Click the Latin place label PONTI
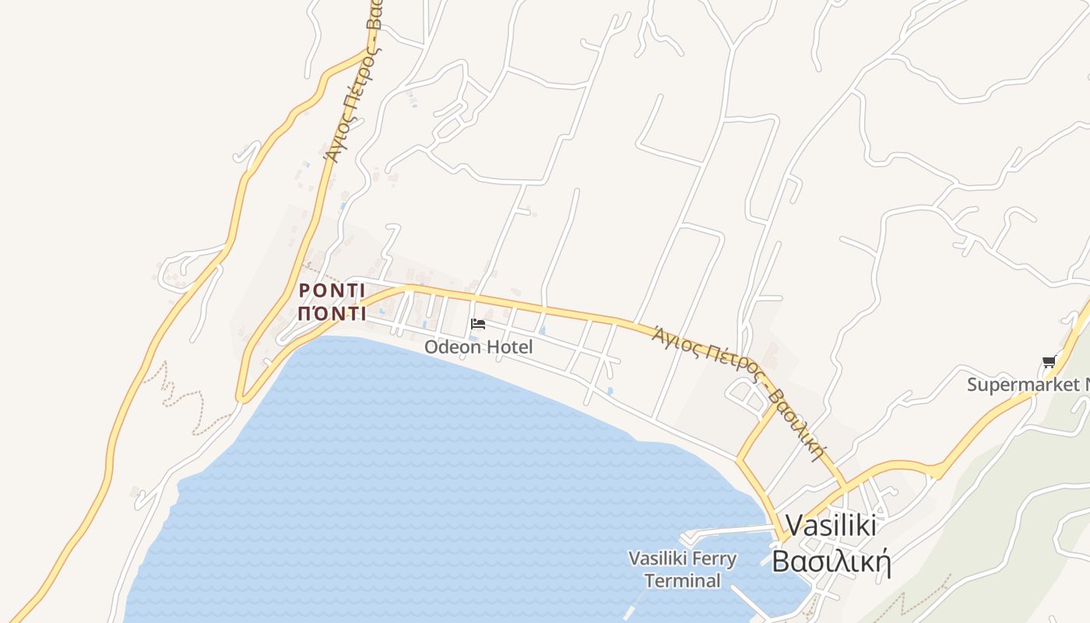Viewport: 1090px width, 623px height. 332,290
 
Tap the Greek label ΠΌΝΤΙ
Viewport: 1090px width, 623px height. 332,313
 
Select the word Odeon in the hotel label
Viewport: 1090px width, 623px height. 452,347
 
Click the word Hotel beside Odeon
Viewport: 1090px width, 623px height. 509,347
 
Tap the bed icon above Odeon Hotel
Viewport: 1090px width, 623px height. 478,324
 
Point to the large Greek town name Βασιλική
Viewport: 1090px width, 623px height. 831,561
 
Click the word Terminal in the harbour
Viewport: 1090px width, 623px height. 682,581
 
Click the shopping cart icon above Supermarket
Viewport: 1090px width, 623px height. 1049,361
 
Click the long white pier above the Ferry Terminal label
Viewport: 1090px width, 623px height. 728,532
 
